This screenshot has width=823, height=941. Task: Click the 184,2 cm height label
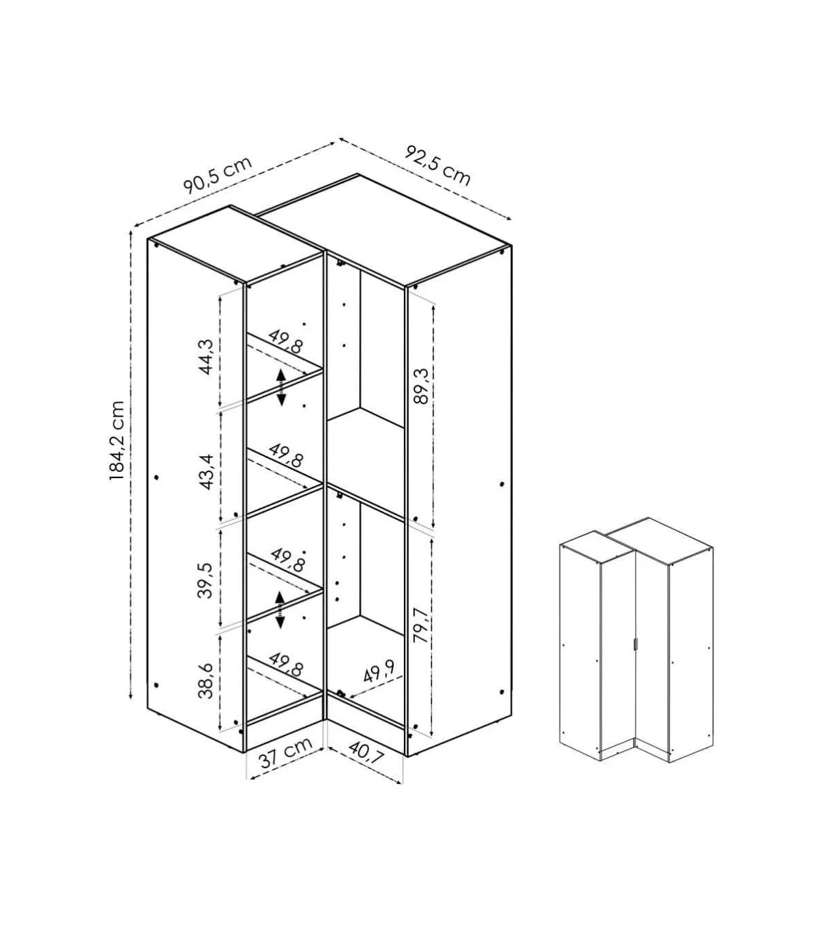117,441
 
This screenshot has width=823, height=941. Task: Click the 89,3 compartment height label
420,386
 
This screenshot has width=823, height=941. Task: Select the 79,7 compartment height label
420,625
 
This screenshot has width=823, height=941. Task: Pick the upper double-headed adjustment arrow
281,388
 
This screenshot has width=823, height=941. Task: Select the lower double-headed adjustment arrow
280,610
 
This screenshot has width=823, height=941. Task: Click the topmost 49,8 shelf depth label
287,341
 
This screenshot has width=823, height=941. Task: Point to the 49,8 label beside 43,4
287,455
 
